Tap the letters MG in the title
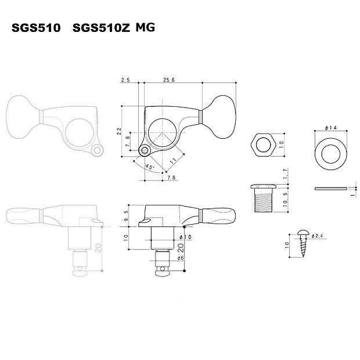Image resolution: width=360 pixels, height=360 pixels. click(x=145, y=27)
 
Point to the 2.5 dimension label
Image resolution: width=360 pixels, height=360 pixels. click(x=126, y=80)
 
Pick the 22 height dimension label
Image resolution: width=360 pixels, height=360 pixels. click(x=119, y=131)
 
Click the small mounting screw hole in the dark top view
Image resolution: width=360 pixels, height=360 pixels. click(x=145, y=150)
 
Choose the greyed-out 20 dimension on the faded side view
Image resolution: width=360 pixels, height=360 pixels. click(x=99, y=248)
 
